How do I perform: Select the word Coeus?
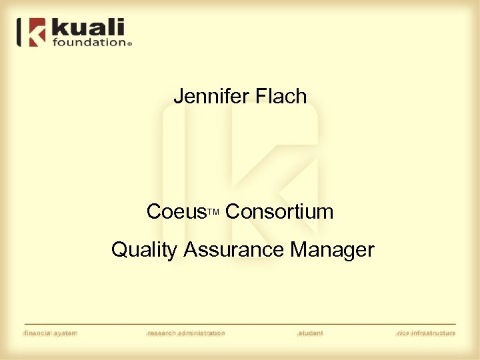point(177,212)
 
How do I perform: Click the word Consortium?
point(279,212)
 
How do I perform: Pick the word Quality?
point(144,251)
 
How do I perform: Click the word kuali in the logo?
point(89,28)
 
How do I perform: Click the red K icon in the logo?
point(37,33)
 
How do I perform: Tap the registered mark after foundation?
point(129,43)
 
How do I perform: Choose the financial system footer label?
point(51,333)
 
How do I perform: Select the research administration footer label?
point(186,333)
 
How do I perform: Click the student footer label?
point(311,333)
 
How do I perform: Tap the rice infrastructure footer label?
point(426,333)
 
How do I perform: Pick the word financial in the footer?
point(39,333)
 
